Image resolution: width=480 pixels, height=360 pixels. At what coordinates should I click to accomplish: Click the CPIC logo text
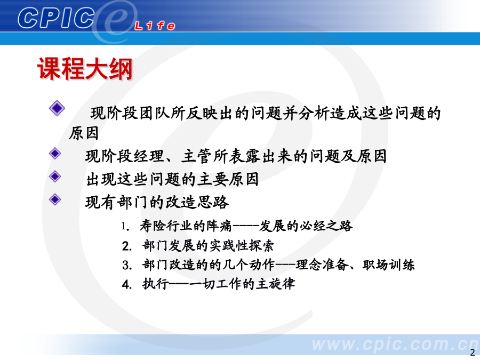(56, 18)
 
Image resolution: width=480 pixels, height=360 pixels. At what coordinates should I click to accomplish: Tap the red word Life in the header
(155, 26)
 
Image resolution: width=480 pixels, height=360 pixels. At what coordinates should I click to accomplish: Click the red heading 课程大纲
(85, 69)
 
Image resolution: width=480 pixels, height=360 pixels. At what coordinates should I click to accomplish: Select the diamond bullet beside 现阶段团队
(57, 108)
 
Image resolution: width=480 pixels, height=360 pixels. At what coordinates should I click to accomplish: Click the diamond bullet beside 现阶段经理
(55, 154)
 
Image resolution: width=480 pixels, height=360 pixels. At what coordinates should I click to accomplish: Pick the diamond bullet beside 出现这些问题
(55, 177)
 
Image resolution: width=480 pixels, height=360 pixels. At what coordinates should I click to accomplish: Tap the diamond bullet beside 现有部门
(55, 199)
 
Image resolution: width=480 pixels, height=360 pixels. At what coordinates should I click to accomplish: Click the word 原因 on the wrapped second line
(84, 133)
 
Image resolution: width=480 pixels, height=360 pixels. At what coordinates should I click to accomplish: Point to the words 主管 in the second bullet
(196, 156)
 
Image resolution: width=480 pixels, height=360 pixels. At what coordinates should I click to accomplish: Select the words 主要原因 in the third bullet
(228, 179)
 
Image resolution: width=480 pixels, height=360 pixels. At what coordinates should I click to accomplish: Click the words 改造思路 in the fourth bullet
(197, 202)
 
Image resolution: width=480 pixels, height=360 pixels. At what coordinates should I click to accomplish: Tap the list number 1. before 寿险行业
(125, 227)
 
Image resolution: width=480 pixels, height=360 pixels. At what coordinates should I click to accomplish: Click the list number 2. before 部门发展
(126, 246)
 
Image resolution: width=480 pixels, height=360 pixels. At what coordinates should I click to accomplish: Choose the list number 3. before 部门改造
(126, 265)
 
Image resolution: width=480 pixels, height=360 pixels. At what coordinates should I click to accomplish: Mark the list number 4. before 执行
(126, 284)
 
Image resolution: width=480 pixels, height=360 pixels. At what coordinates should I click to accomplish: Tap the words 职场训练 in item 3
(388, 265)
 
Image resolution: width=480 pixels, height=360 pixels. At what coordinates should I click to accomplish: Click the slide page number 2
(473, 352)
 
